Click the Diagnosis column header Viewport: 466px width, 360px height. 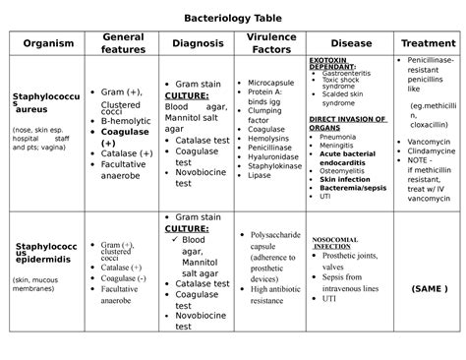point(197,43)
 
